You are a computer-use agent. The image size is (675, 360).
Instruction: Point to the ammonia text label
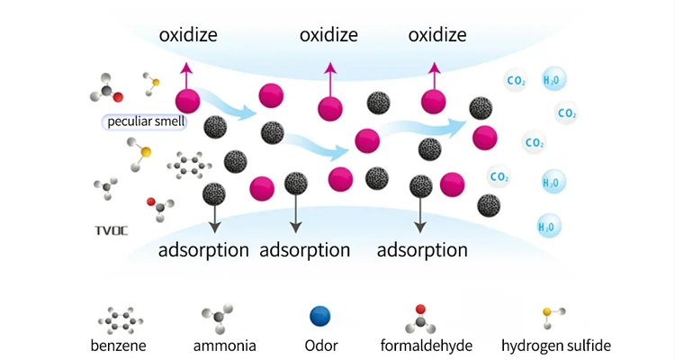(225, 345)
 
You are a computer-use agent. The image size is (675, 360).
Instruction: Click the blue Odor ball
(319, 317)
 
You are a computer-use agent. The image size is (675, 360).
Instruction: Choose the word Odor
(320, 345)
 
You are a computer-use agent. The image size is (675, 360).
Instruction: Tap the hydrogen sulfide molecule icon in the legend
(551, 314)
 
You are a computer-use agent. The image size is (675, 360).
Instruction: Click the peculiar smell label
(143, 121)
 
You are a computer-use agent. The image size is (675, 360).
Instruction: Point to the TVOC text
(112, 230)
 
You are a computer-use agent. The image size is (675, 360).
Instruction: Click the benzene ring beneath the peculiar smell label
(190, 165)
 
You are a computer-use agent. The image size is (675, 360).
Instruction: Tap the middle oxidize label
(328, 35)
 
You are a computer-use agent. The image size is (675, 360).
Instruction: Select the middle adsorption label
(304, 250)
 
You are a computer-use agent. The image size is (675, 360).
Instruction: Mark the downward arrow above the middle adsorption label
(294, 214)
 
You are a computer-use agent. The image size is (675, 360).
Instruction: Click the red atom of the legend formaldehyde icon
(420, 309)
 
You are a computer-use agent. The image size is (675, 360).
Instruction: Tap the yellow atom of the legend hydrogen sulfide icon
(546, 313)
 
